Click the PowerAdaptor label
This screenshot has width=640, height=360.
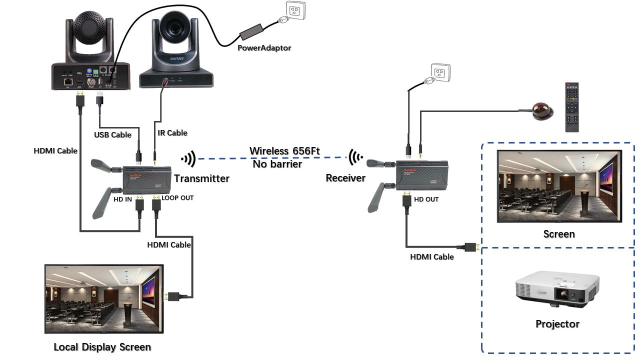(264, 48)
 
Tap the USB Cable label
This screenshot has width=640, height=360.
(113, 134)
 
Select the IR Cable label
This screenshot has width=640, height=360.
(172, 132)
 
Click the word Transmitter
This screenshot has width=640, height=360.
(201, 178)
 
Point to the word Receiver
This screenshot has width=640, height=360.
(345, 178)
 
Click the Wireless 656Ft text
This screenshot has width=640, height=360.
(284, 150)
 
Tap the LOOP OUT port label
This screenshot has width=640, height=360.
(177, 198)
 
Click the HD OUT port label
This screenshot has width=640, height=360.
(426, 199)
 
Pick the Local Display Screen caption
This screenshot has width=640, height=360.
(102, 347)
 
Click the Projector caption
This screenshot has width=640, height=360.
(557, 324)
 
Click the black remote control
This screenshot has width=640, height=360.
(571, 107)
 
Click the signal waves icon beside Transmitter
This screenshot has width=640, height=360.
(188, 159)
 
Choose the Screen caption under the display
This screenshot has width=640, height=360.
(559, 234)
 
